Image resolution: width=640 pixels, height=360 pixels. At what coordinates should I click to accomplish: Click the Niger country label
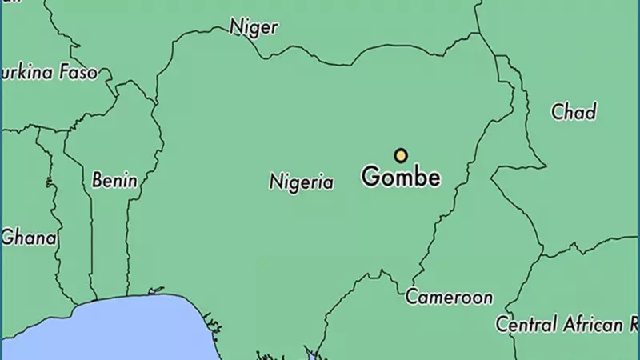pos(254,27)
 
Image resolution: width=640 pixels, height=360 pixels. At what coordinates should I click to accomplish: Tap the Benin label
pos(114,180)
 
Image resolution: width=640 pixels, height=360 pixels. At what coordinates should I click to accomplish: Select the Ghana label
pos(30,238)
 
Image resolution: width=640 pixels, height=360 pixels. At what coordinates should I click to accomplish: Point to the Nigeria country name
pos(301,182)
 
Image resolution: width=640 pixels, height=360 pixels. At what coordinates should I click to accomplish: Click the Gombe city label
pos(401,177)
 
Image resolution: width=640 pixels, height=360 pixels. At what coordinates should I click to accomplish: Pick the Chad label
pos(574,112)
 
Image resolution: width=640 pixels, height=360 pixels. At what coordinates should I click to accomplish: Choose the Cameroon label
pos(449,298)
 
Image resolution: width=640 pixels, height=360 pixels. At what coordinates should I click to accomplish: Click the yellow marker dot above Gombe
pos(401,155)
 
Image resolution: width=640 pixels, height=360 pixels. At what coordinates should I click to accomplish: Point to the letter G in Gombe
pos(370,176)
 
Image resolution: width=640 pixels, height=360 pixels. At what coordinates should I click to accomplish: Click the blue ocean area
pos(120,332)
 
